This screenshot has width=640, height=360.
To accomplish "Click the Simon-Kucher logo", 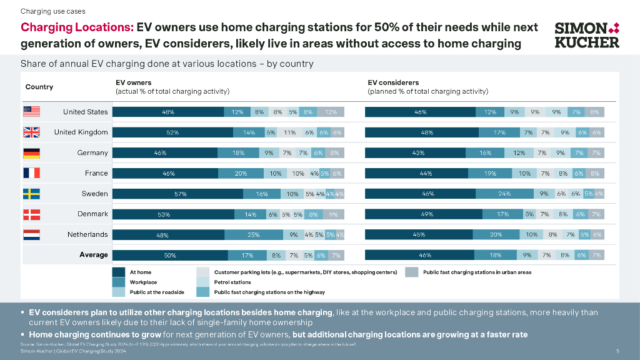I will pyautogui.click(x=587, y=35).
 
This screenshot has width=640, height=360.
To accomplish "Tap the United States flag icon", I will pyautogui.click(x=31, y=112).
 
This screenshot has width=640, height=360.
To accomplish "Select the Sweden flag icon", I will pyautogui.click(x=31, y=194).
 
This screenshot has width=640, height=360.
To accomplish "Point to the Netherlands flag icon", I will pyautogui.click(x=31, y=235).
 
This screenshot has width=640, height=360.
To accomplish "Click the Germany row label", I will pyautogui.click(x=92, y=153).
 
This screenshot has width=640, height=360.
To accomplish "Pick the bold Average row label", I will pyautogui.click(x=94, y=255).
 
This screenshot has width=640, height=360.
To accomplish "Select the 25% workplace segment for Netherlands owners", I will pyautogui.click(x=253, y=235).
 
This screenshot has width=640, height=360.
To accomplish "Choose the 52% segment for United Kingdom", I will pyautogui.click(x=173, y=132).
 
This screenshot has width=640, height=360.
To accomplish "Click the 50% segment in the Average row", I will pyautogui.click(x=170, y=255).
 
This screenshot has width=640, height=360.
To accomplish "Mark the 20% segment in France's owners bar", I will pyautogui.click(x=241, y=174).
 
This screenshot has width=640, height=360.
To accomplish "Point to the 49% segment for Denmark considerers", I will pyautogui.click(x=423, y=214).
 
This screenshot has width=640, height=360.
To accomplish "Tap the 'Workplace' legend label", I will pyautogui.click(x=144, y=282).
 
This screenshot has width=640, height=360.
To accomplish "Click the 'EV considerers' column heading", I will pyautogui.click(x=393, y=82).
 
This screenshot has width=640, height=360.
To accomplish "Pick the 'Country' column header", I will pyautogui.click(x=39, y=87).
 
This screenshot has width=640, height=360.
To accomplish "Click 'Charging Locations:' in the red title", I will pyautogui.click(x=77, y=27).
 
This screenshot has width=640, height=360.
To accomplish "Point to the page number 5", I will pyautogui.click(x=617, y=351).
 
